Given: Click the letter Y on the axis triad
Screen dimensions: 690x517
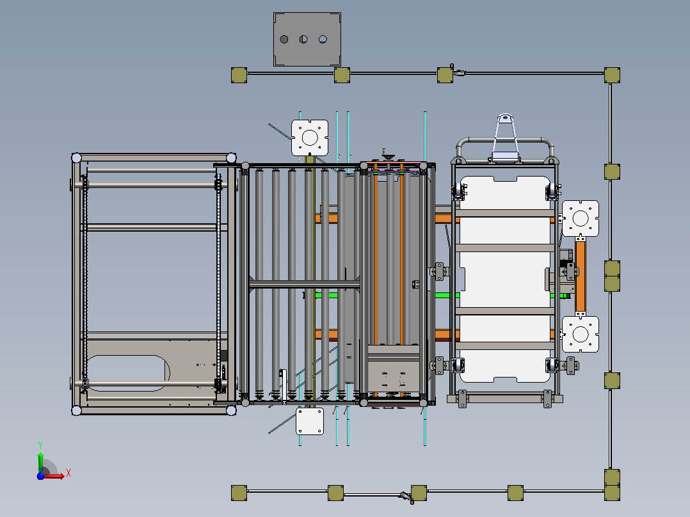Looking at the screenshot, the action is pyautogui.click(x=40, y=445).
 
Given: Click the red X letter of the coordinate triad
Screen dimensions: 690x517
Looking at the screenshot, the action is pyautogui.click(x=68, y=473).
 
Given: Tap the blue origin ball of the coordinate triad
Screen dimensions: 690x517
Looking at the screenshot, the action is pyautogui.click(x=40, y=476).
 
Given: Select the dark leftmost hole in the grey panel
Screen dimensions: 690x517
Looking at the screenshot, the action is pyautogui.click(x=284, y=40).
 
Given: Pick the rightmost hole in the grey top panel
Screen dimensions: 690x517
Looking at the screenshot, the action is pyautogui.click(x=323, y=40).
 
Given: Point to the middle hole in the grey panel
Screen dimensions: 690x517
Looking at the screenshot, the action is pyautogui.click(x=303, y=40).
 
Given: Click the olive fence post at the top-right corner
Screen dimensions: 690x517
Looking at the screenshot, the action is pyautogui.click(x=612, y=76).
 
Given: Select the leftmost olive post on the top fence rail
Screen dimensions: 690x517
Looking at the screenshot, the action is pyautogui.click(x=239, y=76).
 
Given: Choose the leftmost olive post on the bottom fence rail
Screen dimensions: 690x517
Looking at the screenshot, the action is pyautogui.click(x=239, y=493).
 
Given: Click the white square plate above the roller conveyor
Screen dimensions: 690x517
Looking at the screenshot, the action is pyautogui.click(x=310, y=138).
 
